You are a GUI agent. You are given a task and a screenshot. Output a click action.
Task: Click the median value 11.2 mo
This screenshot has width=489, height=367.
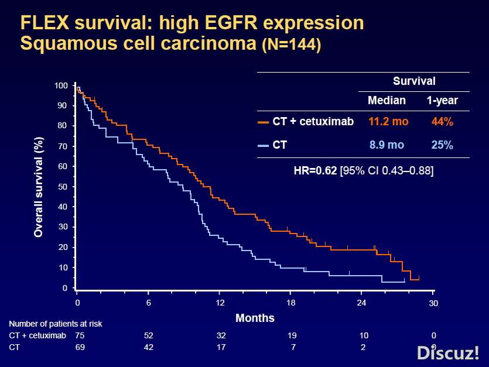click(388, 122)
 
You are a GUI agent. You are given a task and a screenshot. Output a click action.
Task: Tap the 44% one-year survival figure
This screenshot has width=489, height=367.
click(442, 122)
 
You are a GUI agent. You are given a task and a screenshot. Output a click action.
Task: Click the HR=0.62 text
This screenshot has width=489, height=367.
click(315, 171)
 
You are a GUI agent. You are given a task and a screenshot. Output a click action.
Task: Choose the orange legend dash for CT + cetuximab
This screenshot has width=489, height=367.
click(263, 122)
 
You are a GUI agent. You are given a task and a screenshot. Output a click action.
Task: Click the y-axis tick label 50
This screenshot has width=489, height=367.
click(61, 186)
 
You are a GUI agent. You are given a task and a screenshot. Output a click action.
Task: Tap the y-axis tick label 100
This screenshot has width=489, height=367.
click(61, 85)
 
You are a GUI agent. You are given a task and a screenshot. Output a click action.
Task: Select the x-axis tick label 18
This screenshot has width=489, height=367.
click(291, 303)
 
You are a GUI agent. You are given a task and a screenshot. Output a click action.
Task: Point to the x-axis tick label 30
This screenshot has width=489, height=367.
click(433, 303)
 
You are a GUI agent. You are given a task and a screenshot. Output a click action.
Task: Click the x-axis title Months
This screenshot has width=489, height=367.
click(255, 318)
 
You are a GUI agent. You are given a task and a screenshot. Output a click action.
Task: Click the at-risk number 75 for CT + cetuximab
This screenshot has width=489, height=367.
click(80, 335)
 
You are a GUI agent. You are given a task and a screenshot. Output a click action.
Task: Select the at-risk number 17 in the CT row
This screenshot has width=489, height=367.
click(220, 347)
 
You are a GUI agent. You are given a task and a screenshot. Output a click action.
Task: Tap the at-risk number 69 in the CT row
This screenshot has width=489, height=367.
click(80, 347)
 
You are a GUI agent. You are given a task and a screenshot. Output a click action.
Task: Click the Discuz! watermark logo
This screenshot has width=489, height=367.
click(447, 352)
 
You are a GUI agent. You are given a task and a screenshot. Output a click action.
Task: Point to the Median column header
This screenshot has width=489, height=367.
click(387, 100)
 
